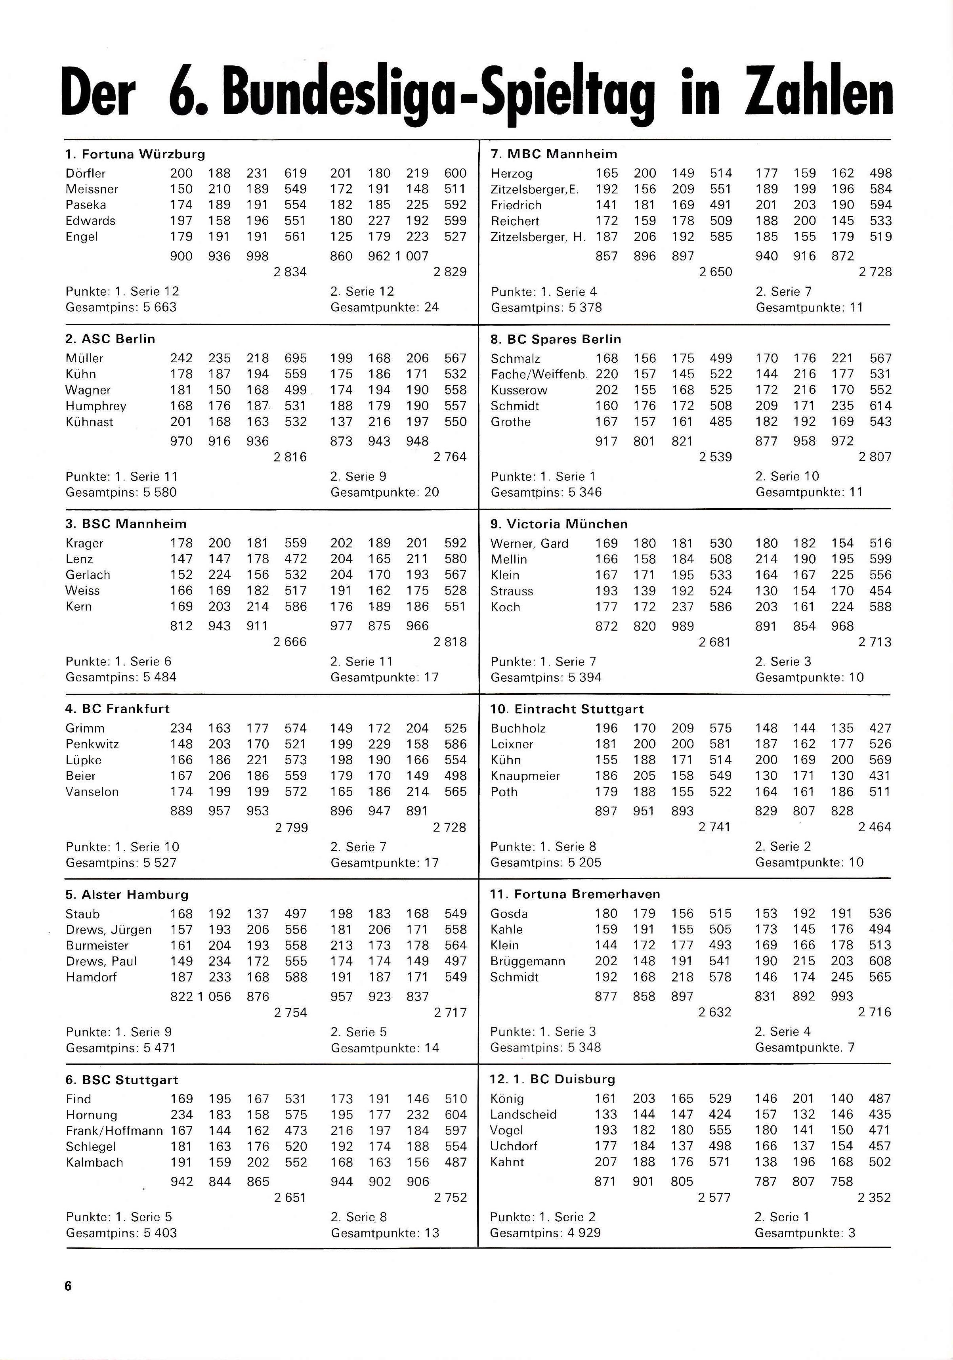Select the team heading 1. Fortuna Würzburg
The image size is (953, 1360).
click(135, 155)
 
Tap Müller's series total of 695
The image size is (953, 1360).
click(296, 358)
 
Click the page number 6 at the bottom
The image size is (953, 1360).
click(68, 1286)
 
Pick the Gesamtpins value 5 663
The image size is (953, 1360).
click(160, 308)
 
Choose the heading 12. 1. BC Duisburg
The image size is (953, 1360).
click(553, 1079)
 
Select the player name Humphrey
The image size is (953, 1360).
click(96, 406)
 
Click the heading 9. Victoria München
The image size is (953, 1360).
click(559, 524)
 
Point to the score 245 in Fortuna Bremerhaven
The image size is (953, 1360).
click(842, 977)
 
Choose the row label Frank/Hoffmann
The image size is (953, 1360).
click(114, 1131)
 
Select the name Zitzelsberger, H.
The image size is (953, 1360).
click(538, 237)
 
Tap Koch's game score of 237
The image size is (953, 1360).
click(682, 607)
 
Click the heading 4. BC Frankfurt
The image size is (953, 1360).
click(117, 709)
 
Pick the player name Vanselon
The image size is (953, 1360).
click(92, 792)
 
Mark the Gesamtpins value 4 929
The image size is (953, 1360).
click(584, 1233)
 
